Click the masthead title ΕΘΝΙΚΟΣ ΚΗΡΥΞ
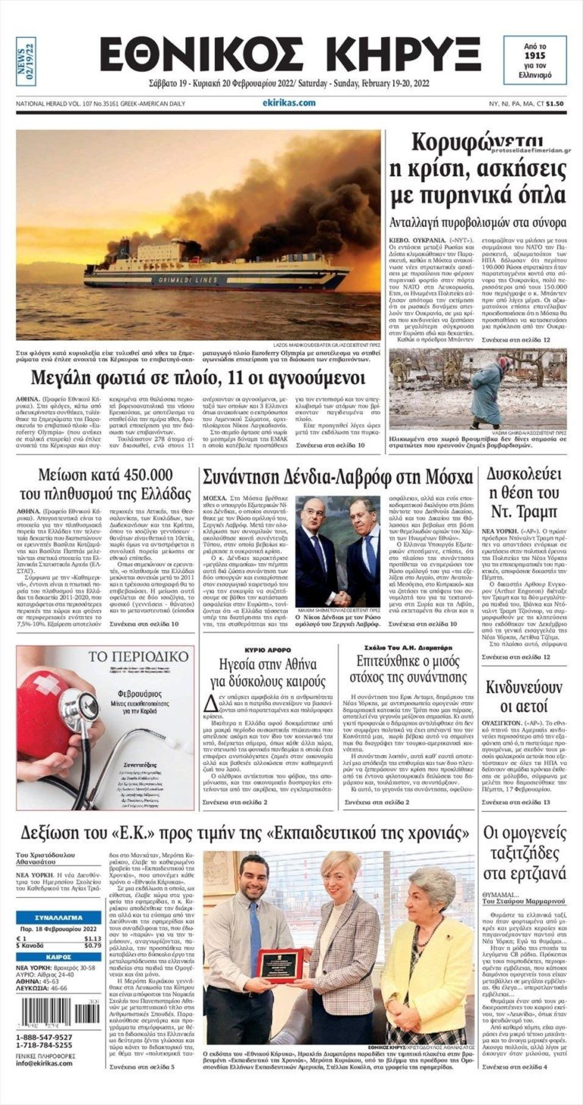(291, 55)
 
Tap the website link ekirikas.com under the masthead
(289, 103)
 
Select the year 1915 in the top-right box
(537, 57)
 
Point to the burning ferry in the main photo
(216, 269)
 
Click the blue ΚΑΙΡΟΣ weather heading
(59, 958)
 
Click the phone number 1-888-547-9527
(45, 1037)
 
